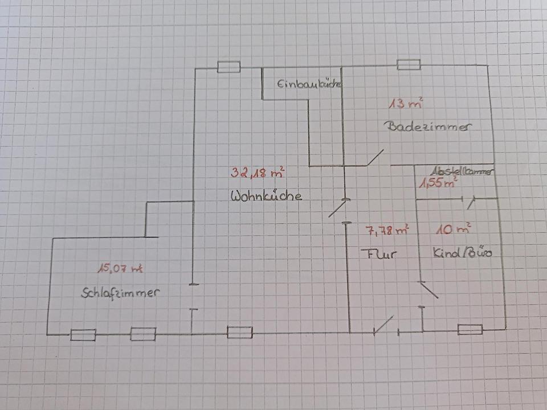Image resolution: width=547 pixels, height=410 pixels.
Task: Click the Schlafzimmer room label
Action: click(x=119, y=294)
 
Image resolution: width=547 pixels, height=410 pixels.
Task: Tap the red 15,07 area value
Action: click(x=119, y=267)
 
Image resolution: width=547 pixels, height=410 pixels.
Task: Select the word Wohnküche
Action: click(x=266, y=196)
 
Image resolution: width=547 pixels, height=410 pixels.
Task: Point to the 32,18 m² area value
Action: click(x=258, y=172)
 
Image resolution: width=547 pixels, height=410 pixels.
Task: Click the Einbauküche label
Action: click(x=309, y=85)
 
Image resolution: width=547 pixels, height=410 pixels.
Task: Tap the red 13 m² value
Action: click(x=406, y=104)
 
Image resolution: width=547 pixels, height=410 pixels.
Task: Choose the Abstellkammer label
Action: click(x=462, y=170)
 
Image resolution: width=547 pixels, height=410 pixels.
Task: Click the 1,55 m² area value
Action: click(x=438, y=183)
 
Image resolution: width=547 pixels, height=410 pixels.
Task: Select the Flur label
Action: click(x=378, y=253)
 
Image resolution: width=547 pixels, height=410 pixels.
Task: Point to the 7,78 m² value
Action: click(x=387, y=231)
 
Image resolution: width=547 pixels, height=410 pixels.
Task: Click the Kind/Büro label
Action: click(x=462, y=252)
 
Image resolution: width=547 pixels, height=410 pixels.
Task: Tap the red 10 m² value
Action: click(x=453, y=229)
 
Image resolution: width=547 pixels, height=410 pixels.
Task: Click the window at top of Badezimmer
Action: click(x=409, y=64)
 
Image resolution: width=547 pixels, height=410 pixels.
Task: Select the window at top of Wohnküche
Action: click(x=229, y=68)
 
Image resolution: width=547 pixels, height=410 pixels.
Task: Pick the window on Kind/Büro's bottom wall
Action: click(x=470, y=329)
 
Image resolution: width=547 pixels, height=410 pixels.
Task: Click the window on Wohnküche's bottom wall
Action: click(x=239, y=332)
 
